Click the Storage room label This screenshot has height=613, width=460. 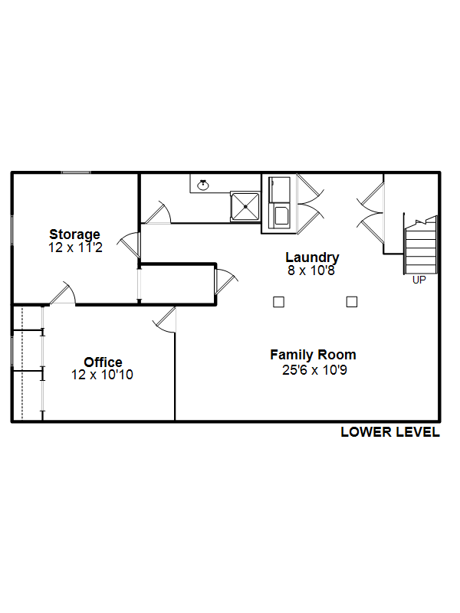pos(74,234)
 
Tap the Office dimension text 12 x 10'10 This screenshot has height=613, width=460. pos(102,375)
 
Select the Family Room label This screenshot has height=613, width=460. pos(313,355)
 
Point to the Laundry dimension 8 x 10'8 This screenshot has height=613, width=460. pos(311,270)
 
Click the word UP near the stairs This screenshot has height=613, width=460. pos(419,280)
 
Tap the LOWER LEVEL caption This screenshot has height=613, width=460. pos(390,432)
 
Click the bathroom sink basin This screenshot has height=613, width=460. pos(202,185)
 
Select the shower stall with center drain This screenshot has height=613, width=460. pos(245,206)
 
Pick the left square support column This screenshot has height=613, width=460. pos(278,302)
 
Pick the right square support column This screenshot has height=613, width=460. pos(352,302)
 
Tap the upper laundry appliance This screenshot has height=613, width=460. pos(279,189)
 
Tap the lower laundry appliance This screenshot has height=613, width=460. pos(279,215)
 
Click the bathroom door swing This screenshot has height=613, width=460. pos(159,214)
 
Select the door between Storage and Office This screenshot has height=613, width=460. pos(63,293)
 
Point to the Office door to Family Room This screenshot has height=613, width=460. pos(165,320)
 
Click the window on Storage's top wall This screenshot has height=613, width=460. pos(76,172)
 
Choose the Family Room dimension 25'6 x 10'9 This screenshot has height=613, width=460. pos(314,370)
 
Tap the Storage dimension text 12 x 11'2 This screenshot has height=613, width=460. pos(75,247)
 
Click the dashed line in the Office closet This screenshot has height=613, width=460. pos(22,363)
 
